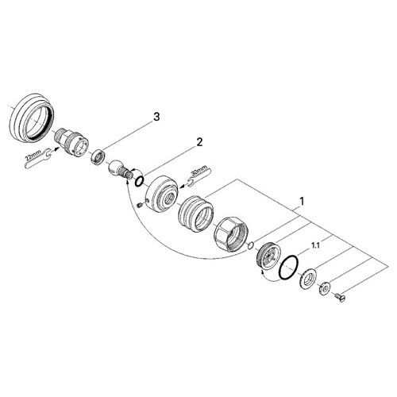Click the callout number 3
(156, 117)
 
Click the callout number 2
(199, 142)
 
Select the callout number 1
(302, 202)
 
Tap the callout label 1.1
(315, 246)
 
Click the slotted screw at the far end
(341, 298)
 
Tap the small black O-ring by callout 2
(139, 181)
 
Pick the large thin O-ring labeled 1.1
(289, 268)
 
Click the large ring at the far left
(32, 118)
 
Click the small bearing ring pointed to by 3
(98, 157)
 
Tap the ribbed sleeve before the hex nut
(195, 214)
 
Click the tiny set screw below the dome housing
(139, 205)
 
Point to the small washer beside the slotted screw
(324, 289)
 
